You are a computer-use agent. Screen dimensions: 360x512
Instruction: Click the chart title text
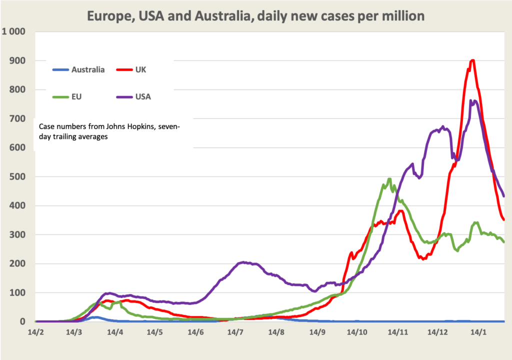point(255,16)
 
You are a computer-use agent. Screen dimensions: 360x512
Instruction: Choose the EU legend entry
point(68,96)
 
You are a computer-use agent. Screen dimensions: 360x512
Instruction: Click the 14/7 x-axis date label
point(235,332)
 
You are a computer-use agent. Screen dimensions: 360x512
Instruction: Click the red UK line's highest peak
point(472,60)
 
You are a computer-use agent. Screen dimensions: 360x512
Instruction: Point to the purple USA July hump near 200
point(243,262)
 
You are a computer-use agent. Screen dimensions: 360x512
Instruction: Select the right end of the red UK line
point(504,219)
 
